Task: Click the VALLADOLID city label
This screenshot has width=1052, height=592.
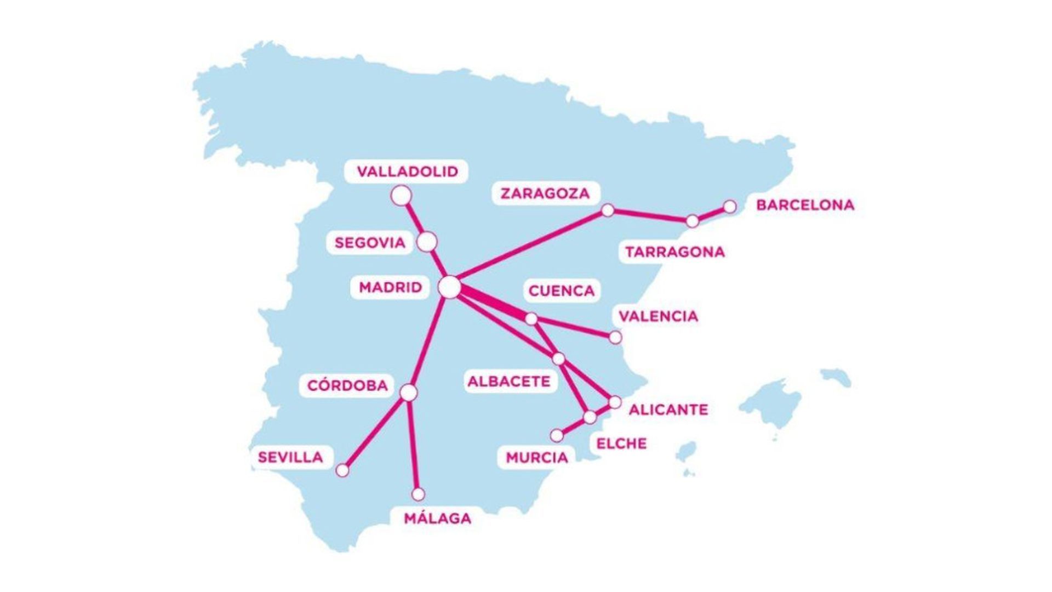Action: (x=407, y=172)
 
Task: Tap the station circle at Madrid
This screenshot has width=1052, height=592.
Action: (x=450, y=287)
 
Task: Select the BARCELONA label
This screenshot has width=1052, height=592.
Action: (x=805, y=205)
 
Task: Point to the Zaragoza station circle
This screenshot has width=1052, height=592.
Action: (x=608, y=210)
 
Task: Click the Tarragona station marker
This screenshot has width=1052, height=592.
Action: (x=693, y=221)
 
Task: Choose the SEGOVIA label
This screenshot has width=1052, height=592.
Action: (x=370, y=243)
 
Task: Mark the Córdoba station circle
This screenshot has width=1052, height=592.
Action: (x=408, y=393)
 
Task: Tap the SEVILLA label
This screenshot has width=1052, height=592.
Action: (x=290, y=457)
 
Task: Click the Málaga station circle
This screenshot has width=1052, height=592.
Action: (x=418, y=494)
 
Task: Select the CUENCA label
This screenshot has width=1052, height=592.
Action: (x=561, y=291)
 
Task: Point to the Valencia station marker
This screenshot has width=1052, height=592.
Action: (x=615, y=337)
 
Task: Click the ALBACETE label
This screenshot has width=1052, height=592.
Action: (x=508, y=382)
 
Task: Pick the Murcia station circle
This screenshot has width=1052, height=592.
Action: (x=557, y=435)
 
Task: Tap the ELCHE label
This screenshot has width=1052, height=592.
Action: (x=621, y=443)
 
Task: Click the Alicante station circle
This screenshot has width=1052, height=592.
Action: (x=615, y=402)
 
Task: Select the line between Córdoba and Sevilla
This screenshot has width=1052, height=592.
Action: (x=375, y=432)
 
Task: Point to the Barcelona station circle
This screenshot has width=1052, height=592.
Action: (x=730, y=207)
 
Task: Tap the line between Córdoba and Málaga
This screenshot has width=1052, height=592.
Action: (x=413, y=444)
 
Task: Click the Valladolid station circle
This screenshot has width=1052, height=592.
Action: (x=402, y=196)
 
